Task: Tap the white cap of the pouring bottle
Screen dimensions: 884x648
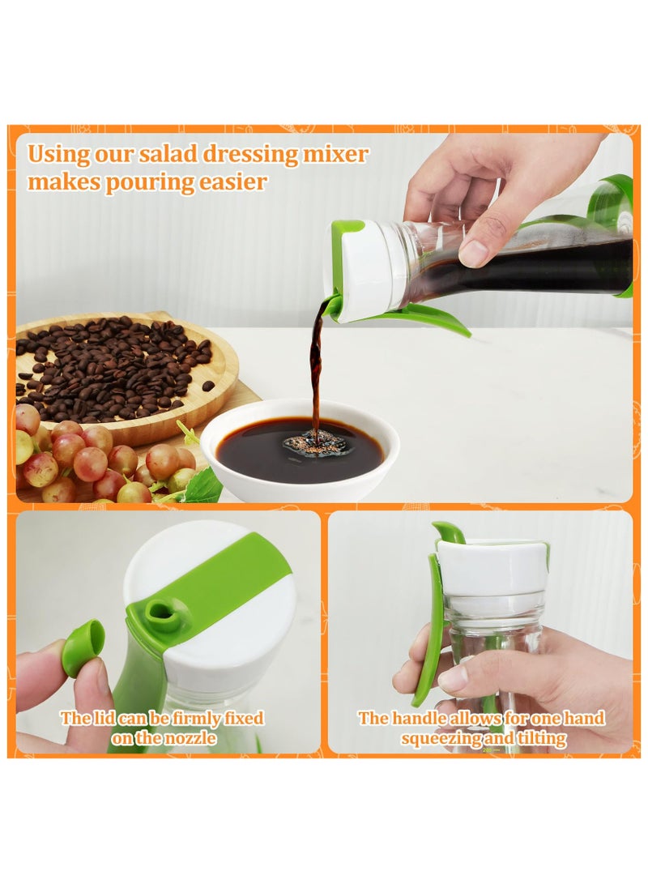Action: pyautogui.click(x=369, y=271)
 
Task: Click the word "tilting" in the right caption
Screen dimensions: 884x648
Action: pyautogui.click(x=539, y=738)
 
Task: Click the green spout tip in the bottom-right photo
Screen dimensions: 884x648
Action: pyautogui.click(x=448, y=531)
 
